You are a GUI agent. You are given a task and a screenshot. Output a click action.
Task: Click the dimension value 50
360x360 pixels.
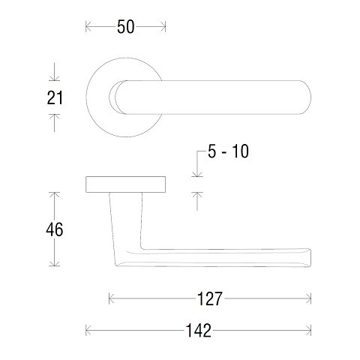point(126,28)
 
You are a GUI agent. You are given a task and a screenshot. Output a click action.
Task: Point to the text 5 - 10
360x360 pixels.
point(227,152)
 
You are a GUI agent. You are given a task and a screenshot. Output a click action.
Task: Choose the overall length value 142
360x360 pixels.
point(199,330)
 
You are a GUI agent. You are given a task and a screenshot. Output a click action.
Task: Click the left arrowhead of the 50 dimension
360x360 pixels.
point(88,28)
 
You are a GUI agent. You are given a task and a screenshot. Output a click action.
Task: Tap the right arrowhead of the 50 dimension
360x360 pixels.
point(163,28)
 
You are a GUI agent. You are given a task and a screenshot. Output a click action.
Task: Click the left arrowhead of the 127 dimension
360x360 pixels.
point(112,299)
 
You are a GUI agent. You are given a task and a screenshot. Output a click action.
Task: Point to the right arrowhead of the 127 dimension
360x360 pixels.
point(309,299)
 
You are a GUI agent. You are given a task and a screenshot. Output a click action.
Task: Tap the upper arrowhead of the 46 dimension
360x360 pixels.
point(54,194)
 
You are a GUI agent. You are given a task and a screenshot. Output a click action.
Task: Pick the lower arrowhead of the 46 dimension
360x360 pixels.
point(54,265)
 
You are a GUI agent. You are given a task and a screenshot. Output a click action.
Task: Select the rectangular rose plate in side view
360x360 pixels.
point(125,184)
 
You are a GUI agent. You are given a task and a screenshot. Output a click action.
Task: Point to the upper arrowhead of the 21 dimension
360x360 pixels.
point(54,80)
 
